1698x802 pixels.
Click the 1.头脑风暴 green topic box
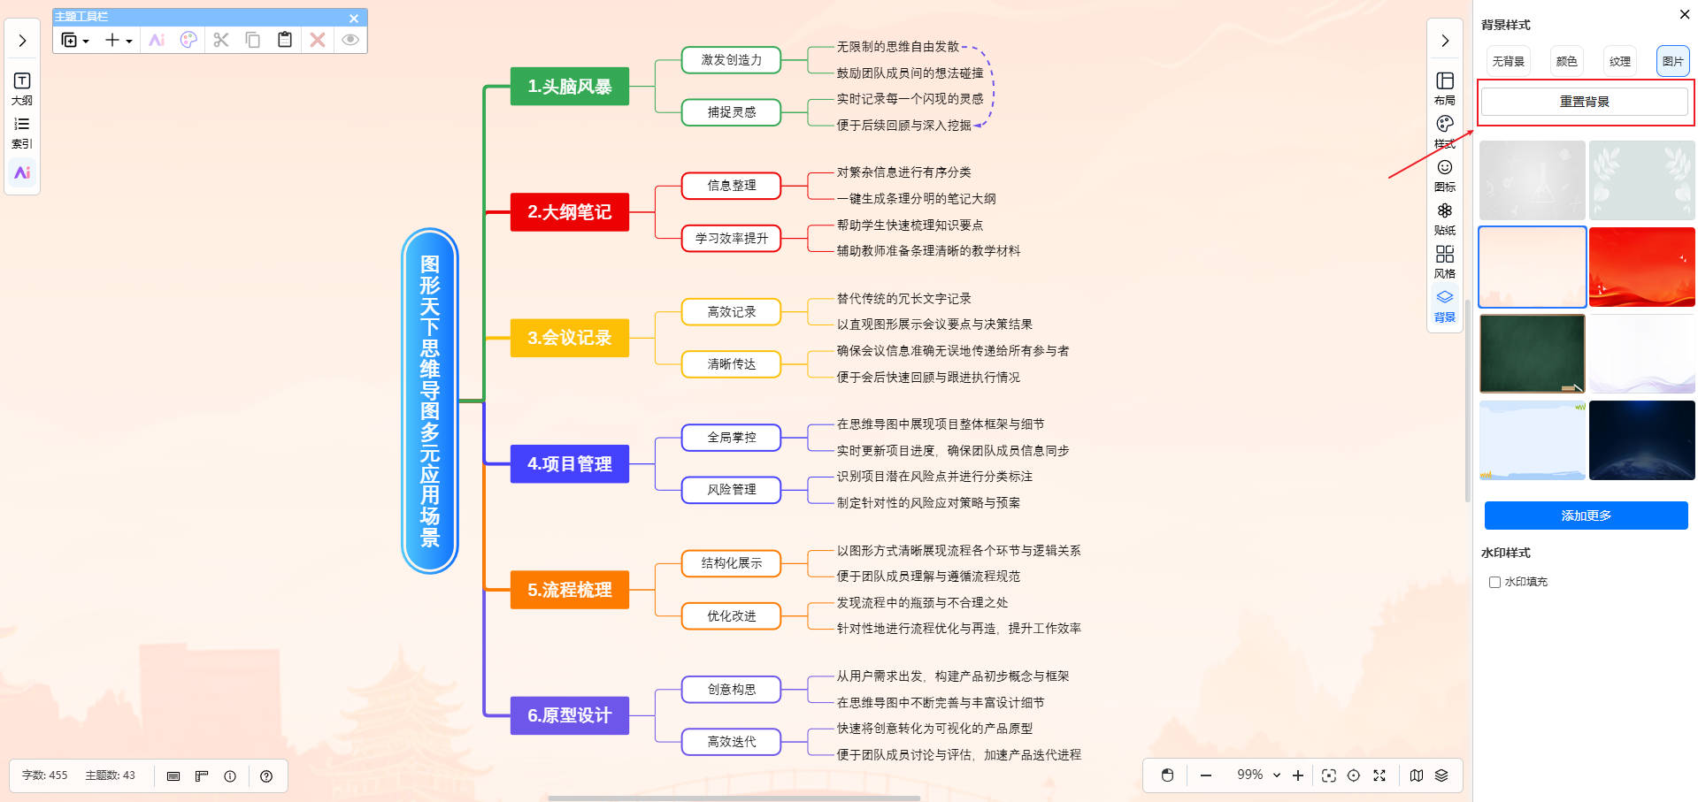[x=569, y=87]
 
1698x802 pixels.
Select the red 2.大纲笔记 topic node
[x=569, y=212]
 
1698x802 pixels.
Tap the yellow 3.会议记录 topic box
[x=569, y=338]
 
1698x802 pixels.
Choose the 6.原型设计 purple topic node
[x=569, y=715]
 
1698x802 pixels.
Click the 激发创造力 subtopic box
[x=731, y=60]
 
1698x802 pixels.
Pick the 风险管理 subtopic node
[x=731, y=490]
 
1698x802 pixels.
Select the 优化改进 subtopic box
[x=731, y=616]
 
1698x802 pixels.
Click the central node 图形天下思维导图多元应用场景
[x=430, y=401]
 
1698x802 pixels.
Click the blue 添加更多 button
[x=1586, y=516]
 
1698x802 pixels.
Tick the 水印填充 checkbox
[x=1494, y=582]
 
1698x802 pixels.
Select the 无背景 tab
[x=1508, y=61]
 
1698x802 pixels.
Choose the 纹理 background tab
[x=1619, y=61]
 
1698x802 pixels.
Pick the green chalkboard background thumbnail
[x=1532, y=354]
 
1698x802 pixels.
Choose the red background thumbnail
[x=1641, y=267]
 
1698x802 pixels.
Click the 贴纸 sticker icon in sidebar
[x=1444, y=216]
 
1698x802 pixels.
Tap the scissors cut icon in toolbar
[x=221, y=40]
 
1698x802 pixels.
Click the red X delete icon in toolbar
[x=318, y=40]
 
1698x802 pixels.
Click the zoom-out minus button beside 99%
[x=1205, y=775]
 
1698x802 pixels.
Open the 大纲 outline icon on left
[x=22, y=87]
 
